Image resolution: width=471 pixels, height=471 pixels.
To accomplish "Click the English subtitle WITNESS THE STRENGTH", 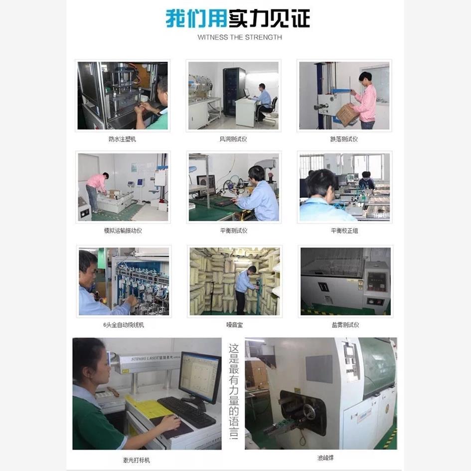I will point(240,37).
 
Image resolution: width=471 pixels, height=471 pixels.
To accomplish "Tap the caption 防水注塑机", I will point(122,140).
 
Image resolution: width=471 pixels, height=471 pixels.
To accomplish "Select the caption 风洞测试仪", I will point(233,140).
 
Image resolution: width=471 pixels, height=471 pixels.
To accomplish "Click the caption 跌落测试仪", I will point(344,140).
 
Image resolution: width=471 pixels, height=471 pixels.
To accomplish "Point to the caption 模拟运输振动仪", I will point(123,231).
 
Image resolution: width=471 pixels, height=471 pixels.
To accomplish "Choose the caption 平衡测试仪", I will point(233,231).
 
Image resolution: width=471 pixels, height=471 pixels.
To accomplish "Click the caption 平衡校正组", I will point(344,231).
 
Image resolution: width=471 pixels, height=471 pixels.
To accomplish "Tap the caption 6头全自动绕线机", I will point(123,325).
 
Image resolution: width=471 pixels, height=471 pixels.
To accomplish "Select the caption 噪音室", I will point(234,325).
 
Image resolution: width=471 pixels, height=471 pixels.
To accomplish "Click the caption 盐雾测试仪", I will point(345,325).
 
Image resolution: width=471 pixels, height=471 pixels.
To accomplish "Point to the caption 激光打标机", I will point(136,460).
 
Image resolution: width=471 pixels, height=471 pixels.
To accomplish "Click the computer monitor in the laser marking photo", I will point(199,377).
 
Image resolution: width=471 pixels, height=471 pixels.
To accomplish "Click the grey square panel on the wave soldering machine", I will point(318,369).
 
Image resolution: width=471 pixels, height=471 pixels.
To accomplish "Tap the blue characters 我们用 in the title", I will point(196,18).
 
